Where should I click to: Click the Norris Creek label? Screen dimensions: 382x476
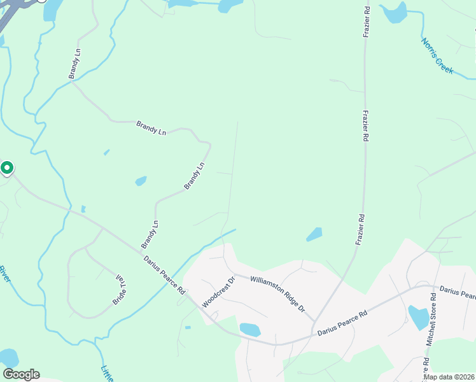tap(438, 55)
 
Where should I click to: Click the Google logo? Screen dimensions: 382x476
tap(21, 374)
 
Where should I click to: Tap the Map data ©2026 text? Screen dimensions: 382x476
tap(449, 377)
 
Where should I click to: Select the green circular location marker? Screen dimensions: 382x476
tap(7, 168)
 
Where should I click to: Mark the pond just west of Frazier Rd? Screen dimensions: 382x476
tap(314, 235)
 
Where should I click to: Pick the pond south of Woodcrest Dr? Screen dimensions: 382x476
tap(250, 330)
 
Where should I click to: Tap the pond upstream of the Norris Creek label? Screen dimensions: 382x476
tap(395, 13)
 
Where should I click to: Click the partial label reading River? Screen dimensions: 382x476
tap(4, 274)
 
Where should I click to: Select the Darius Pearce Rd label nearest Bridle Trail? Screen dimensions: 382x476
tap(164, 275)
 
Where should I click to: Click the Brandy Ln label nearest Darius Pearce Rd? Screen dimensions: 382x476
tap(149, 234)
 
